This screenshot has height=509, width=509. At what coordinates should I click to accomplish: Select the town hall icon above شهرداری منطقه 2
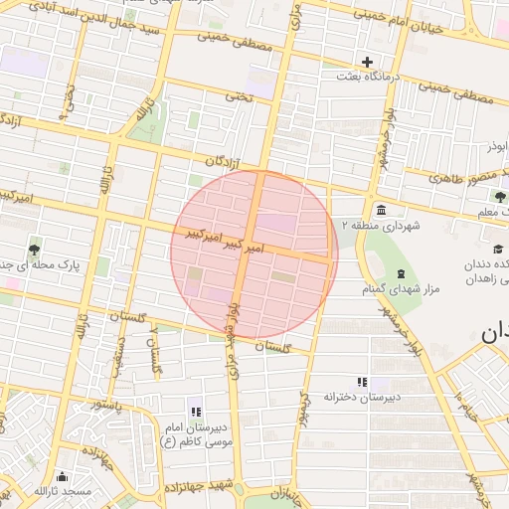[x=382, y=210]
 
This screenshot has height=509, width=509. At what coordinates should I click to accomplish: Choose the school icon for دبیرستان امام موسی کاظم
[x=195, y=412]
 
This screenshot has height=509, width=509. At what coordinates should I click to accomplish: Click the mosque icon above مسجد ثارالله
[x=63, y=476]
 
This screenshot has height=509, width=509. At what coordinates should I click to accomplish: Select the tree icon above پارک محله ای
[x=35, y=250]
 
